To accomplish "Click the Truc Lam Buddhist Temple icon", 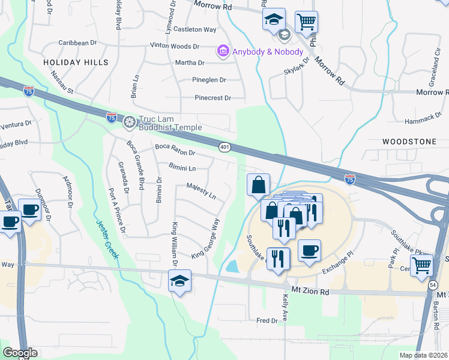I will tap(129, 124).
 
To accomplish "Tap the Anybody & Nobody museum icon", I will tap(223, 52).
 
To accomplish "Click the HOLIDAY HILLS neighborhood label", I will tap(76, 62).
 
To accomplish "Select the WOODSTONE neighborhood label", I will tap(409, 142).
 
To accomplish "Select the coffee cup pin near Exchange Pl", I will tap(309, 250).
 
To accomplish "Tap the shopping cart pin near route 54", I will tap(422, 263).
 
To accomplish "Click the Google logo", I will tap(20, 352).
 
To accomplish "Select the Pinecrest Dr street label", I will tap(212, 98).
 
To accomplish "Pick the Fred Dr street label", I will tap(267, 321).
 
